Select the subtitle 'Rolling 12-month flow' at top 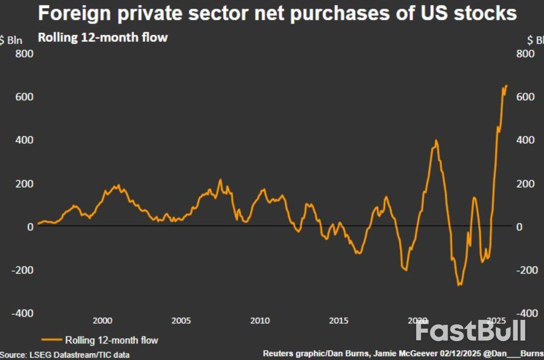point(103,37)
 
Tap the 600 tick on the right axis point(525,96)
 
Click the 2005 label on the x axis point(181,320)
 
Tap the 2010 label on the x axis point(260,320)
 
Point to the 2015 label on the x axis point(338,320)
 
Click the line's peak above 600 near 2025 point(506,86)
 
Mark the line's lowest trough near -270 point(459,285)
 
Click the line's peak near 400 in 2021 point(436,140)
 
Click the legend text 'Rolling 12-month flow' point(111,340)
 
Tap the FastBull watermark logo point(470,331)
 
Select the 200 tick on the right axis point(525,183)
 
